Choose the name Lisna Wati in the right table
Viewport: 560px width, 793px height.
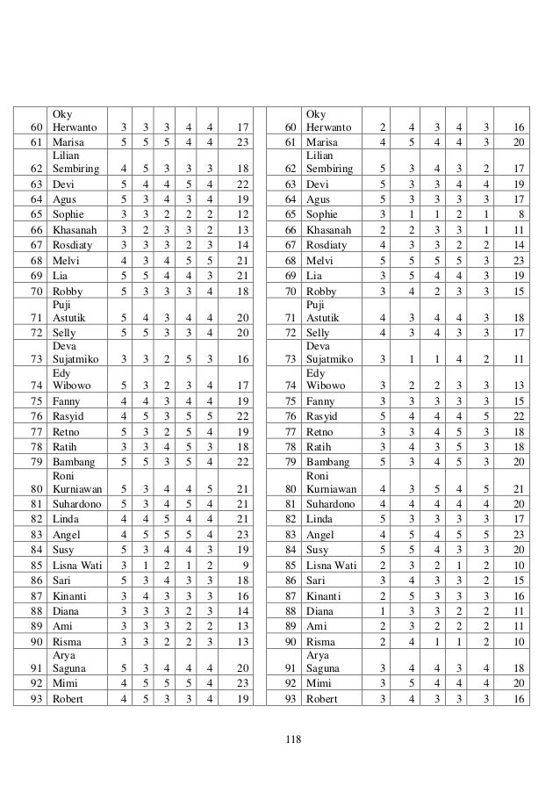click(x=331, y=566)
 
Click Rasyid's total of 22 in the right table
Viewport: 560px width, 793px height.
click(x=519, y=416)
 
